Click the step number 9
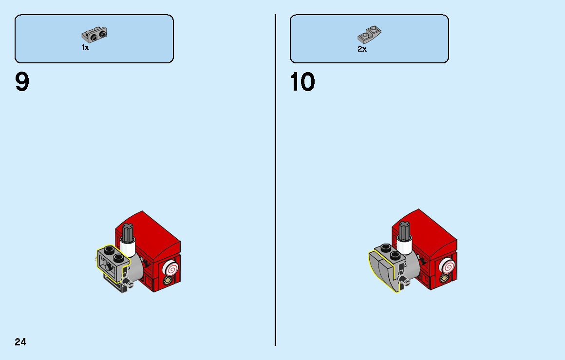(x=22, y=82)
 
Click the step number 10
(x=302, y=82)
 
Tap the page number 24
(x=20, y=341)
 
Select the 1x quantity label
(x=85, y=48)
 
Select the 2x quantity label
(x=362, y=49)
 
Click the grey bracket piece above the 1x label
(x=94, y=35)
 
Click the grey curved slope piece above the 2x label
(x=369, y=35)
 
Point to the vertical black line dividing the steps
(x=275, y=180)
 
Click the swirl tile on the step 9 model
(x=170, y=268)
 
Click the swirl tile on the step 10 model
(x=448, y=267)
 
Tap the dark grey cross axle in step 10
(x=404, y=231)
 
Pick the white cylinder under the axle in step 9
(x=128, y=248)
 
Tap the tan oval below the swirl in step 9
(x=168, y=281)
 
